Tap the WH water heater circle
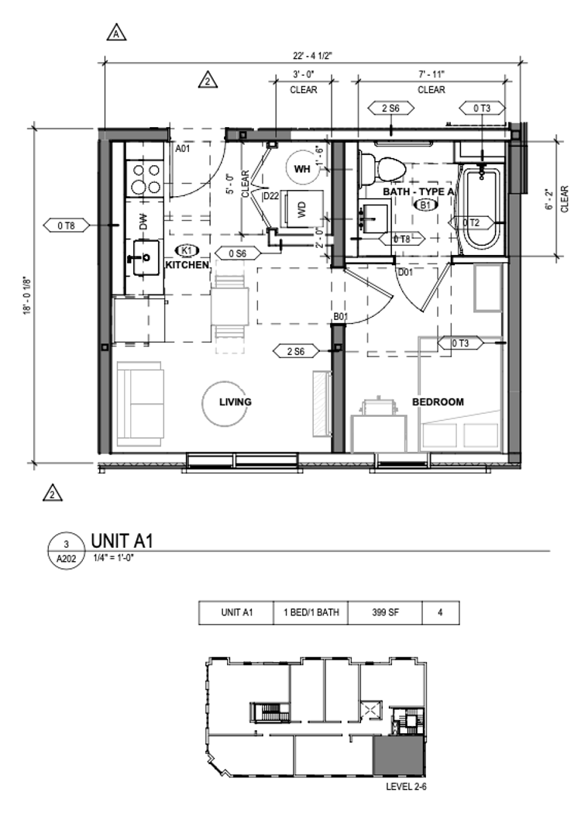(x=301, y=169)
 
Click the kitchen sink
(x=145, y=258)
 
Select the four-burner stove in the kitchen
(x=145, y=179)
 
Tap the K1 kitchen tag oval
(x=187, y=250)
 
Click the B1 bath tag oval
(x=426, y=205)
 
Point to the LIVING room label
(x=235, y=402)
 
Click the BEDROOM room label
(x=438, y=402)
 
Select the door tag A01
(x=183, y=149)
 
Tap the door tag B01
(x=341, y=317)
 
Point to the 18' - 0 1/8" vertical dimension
(x=26, y=295)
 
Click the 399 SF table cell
(x=385, y=612)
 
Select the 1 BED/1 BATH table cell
(x=311, y=612)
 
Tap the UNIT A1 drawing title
(x=122, y=541)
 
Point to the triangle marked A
(x=116, y=33)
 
